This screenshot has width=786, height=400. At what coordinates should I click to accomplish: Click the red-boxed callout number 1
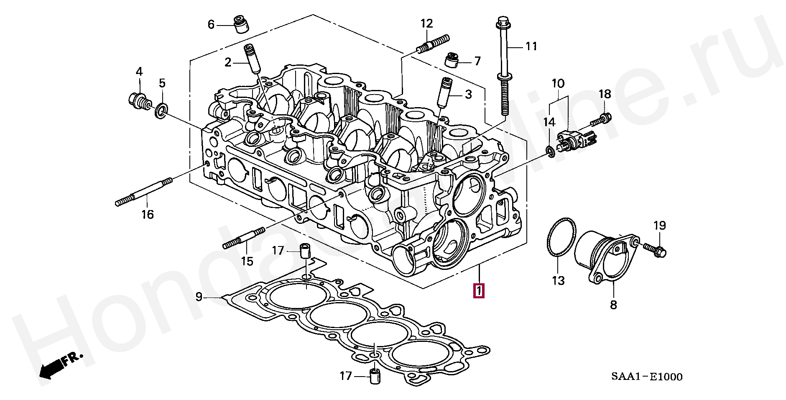[479, 290]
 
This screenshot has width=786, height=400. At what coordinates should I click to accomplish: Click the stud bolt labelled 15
[244, 238]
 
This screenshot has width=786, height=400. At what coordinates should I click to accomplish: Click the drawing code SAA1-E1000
[646, 377]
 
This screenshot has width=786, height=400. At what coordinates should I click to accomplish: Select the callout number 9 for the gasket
[199, 297]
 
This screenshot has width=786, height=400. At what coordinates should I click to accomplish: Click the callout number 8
[613, 305]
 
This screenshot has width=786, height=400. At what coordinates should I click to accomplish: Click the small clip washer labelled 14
[550, 151]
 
